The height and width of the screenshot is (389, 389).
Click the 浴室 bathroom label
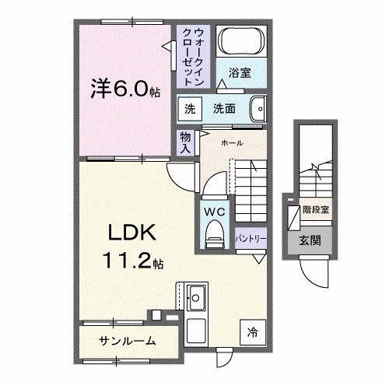pyautogui.click(x=239, y=74)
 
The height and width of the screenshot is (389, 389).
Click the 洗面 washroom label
pyautogui.click(x=225, y=110)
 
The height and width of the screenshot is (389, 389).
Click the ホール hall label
pyautogui.click(x=231, y=142)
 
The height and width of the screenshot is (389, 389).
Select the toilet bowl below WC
pyautogui.click(x=213, y=234)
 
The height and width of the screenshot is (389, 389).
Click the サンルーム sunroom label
pyautogui.click(x=128, y=341)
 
